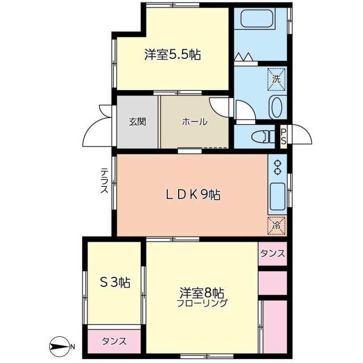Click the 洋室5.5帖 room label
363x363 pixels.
pyautogui.click(x=172, y=55)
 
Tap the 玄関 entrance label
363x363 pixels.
pyautogui.click(x=137, y=121)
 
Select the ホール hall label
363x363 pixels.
pyautogui.click(x=195, y=122)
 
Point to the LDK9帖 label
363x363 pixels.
pyautogui.click(x=193, y=195)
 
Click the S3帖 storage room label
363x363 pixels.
pyautogui.click(x=115, y=282)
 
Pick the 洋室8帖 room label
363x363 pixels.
pyautogui.click(x=202, y=293)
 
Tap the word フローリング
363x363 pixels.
pyautogui.click(x=202, y=303)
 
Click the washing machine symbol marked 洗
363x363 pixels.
pyautogui.click(x=276, y=78)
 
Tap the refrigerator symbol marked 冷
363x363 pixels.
pyautogui.click(x=277, y=225)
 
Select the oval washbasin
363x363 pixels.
pyautogui.click(x=277, y=107)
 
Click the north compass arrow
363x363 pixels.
pyautogui.click(x=59, y=346)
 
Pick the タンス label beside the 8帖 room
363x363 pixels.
pyautogui.click(x=273, y=254)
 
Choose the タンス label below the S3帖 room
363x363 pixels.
pyautogui.click(x=114, y=341)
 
